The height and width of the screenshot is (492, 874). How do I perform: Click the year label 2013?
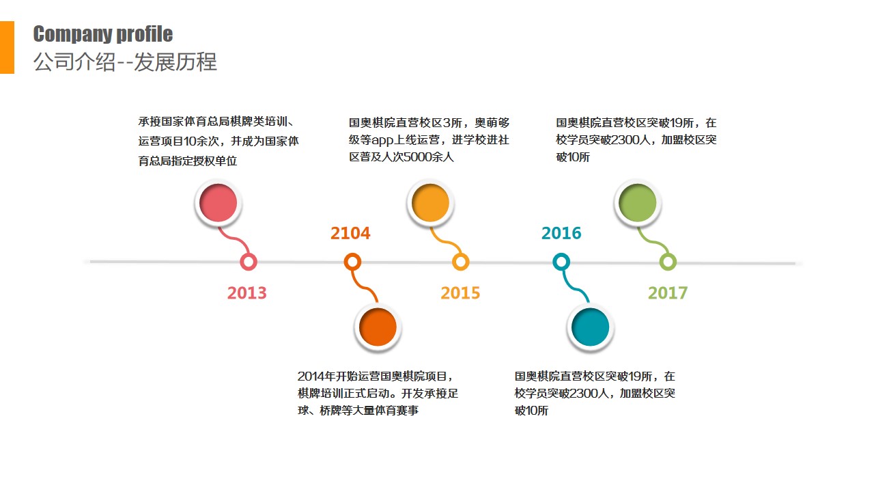pyautogui.click(x=247, y=293)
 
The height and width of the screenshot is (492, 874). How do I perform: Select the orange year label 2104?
pyautogui.click(x=350, y=233)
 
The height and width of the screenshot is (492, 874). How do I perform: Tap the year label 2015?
pyautogui.click(x=460, y=293)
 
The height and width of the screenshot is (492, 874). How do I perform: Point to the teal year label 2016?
pyautogui.click(x=561, y=233)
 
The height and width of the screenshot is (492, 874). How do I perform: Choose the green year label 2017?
pyautogui.click(x=668, y=293)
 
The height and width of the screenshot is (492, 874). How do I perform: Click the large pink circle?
pyautogui.click(x=218, y=203)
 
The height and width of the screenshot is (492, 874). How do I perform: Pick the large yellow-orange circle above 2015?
pyautogui.click(x=430, y=203)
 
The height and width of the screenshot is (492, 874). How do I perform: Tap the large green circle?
pyautogui.click(x=638, y=203)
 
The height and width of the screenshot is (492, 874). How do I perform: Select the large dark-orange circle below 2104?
pyautogui.click(x=378, y=327)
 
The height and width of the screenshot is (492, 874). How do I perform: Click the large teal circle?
pyautogui.click(x=591, y=327)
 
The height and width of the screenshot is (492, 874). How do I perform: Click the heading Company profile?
pyautogui.click(x=103, y=34)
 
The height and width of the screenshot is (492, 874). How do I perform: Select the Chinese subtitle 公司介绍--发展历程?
pyautogui.click(x=125, y=62)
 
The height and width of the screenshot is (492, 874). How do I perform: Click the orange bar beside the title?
pyautogui.click(x=7, y=47)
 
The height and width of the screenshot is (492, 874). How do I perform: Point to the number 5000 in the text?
pyautogui.click(x=417, y=157)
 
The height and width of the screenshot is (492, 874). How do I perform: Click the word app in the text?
pyautogui.click(x=382, y=140)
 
